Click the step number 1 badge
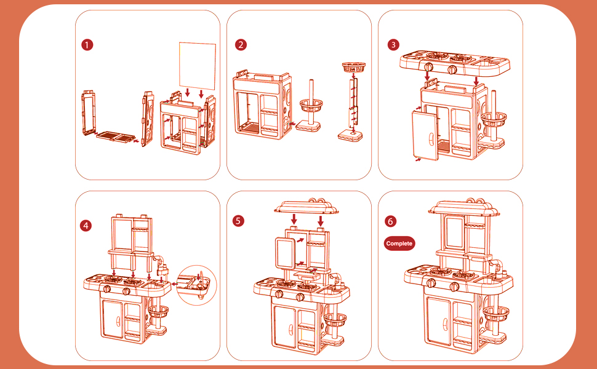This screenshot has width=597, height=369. (x=88, y=44)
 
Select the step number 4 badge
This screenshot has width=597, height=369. (x=86, y=226)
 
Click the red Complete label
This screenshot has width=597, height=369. (x=399, y=244)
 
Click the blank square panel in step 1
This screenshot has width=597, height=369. (x=198, y=64)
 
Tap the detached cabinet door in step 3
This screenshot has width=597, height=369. (x=425, y=136)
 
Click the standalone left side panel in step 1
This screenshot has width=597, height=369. (x=88, y=113)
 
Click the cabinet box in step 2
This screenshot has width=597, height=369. (x=262, y=105)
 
